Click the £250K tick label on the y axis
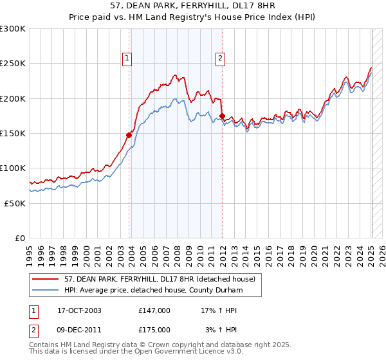13,64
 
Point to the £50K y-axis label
15,203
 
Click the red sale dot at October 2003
129,135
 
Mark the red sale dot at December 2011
222,116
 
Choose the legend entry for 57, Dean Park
160,278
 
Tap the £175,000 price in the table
154,329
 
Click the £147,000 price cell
154,310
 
